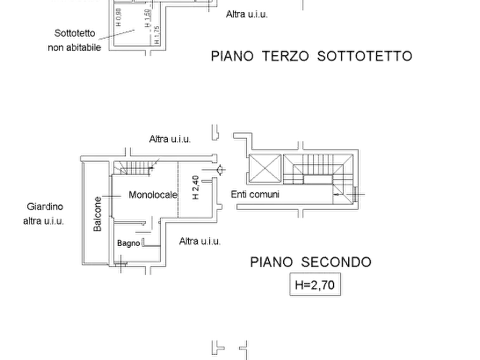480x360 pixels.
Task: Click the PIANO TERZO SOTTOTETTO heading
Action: point(312,56)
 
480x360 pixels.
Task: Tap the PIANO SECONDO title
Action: point(311,262)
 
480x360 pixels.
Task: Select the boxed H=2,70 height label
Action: point(315,285)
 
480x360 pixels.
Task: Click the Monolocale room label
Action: point(153,195)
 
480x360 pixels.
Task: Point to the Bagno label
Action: point(128,243)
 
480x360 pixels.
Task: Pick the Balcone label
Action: point(97,214)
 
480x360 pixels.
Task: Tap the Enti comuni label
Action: point(255,195)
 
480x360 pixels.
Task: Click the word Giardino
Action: point(45,207)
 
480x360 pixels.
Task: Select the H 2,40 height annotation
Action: point(196,188)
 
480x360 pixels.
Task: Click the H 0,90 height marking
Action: point(119,17)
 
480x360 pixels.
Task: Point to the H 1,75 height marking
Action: point(156,34)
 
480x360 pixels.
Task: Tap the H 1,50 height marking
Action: point(148,18)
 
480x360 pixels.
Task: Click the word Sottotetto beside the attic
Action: point(75,33)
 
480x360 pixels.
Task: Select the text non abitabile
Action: point(74,47)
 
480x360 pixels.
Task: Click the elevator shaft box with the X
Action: point(265,168)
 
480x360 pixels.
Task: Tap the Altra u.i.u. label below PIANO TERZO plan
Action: point(247,14)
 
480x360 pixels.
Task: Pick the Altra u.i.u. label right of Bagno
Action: point(199,241)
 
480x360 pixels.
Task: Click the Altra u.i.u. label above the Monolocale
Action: point(170,139)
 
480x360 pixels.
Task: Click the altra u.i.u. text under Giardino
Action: point(44,221)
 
